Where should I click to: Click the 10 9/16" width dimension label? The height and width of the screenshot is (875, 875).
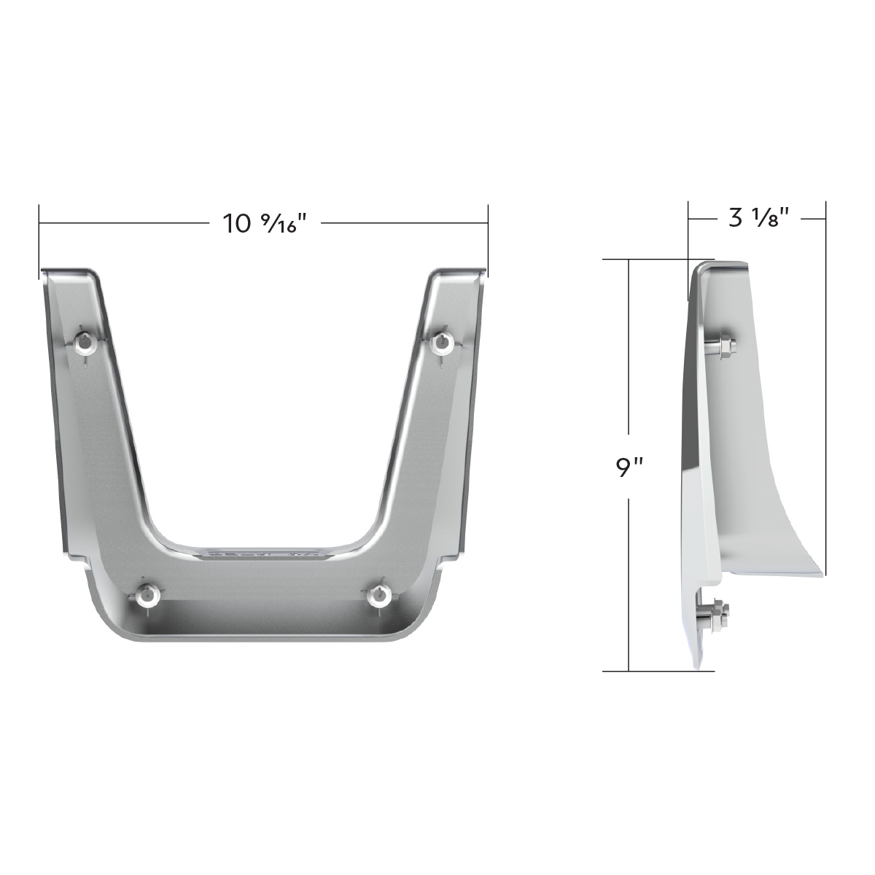[262, 222]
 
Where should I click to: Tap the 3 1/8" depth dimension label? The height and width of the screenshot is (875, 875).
[759, 218]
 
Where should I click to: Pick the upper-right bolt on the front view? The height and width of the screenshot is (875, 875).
[440, 342]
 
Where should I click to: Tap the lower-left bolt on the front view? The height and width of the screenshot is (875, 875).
[148, 595]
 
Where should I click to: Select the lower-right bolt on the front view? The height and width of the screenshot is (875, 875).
[378, 595]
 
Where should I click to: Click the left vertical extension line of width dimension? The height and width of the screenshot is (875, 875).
[39, 241]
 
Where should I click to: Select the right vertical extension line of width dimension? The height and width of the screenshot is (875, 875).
[487, 241]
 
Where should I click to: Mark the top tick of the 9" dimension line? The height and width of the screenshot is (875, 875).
[629, 260]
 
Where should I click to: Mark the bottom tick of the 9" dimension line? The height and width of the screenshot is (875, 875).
[629, 670]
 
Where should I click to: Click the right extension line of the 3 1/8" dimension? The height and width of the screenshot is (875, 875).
[825, 365]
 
